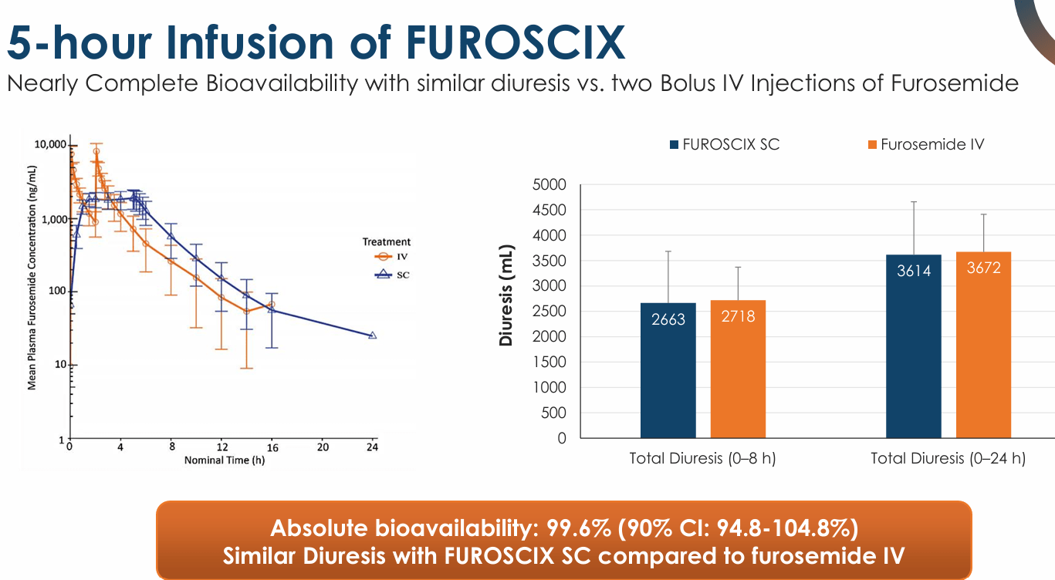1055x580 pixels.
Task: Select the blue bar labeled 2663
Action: click(x=668, y=370)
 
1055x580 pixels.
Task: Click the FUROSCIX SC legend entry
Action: click(x=725, y=144)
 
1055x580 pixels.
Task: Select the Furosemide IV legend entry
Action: click(x=926, y=144)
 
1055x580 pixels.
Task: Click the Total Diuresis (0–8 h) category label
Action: click(x=702, y=458)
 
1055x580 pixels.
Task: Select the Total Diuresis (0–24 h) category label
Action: click(x=948, y=458)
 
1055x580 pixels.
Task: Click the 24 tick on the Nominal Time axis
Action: click(x=373, y=447)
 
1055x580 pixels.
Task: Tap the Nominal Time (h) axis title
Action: click(x=224, y=460)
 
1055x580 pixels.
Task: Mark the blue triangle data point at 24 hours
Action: click(x=372, y=336)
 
